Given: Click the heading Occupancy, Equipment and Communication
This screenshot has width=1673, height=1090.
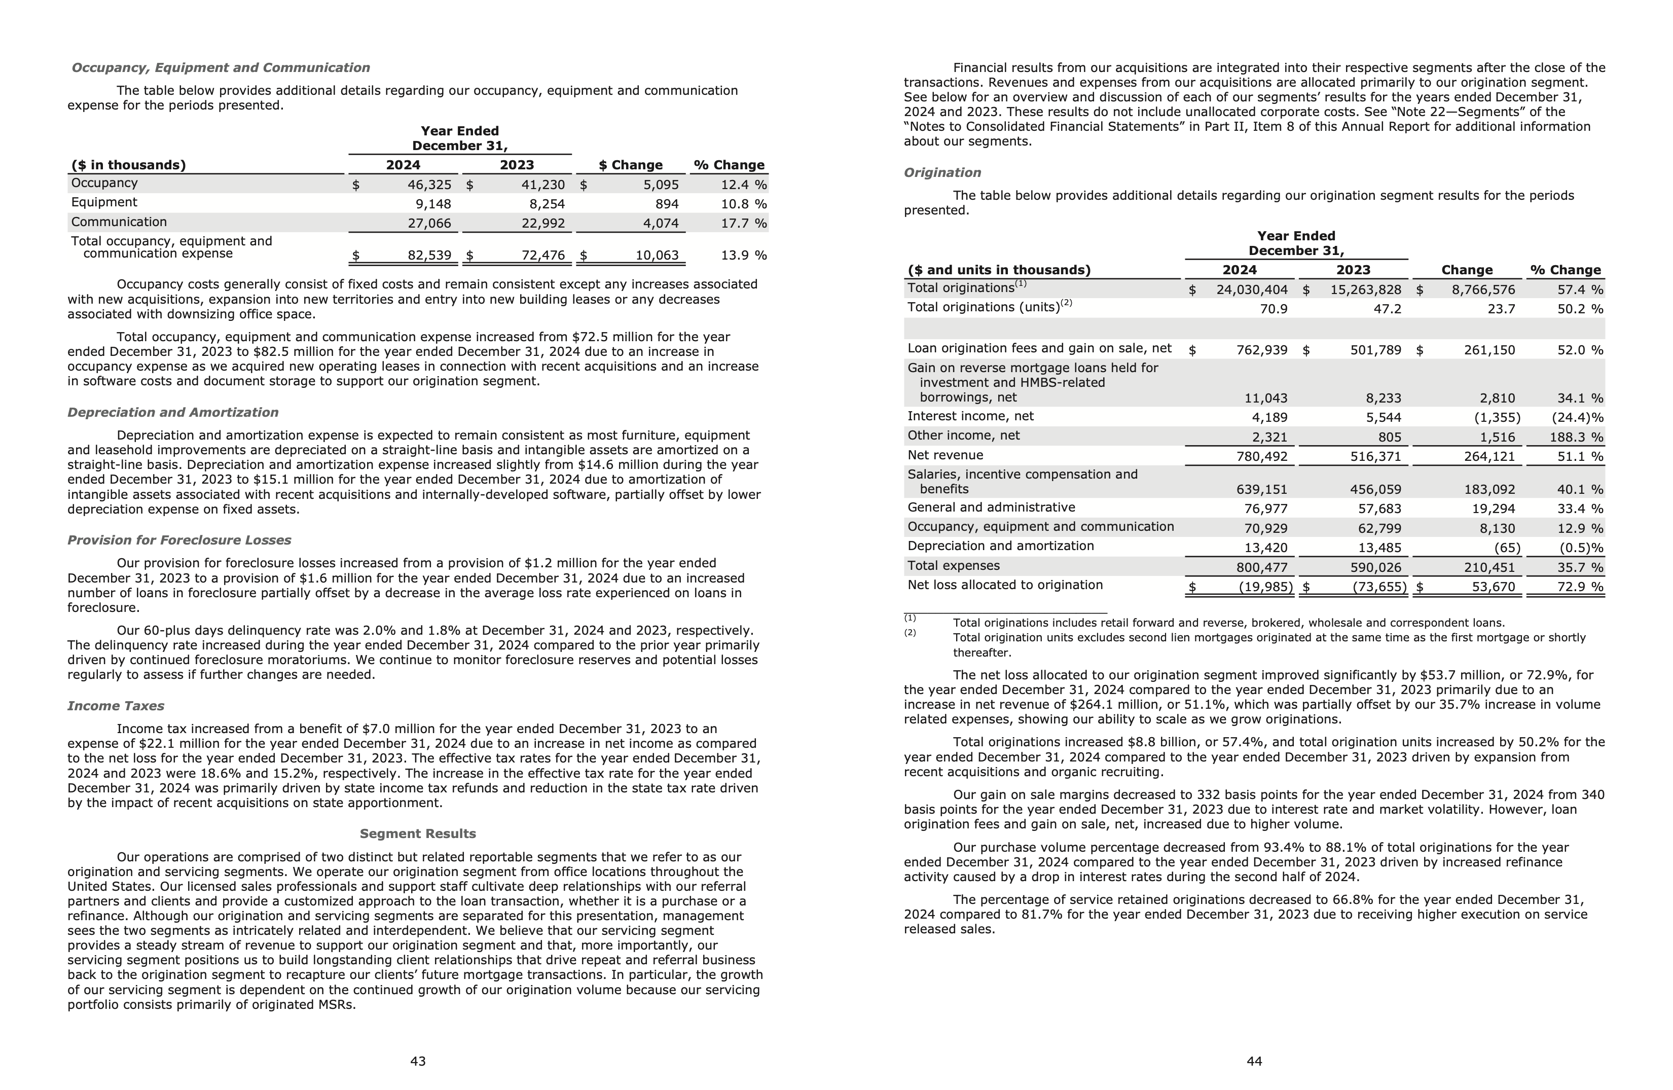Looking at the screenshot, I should (x=221, y=67).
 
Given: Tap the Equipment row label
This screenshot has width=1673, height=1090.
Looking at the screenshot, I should (x=104, y=202).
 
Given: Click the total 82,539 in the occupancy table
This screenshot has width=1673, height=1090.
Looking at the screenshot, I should (x=429, y=255).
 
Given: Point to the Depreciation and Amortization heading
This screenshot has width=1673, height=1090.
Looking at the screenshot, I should (x=173, y=413).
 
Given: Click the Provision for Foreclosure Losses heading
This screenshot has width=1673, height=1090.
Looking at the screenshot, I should (x=179, y=540).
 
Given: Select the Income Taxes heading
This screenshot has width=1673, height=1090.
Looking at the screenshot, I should (x=116, y=706).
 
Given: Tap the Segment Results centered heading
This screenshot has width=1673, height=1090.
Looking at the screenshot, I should (x=418, y=834).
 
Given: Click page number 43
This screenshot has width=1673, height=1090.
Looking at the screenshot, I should (x=418, y=1061).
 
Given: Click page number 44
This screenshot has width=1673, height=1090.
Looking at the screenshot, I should (x=1254, y=1061).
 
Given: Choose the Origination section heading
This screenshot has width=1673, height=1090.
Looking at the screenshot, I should (x=942, y=173).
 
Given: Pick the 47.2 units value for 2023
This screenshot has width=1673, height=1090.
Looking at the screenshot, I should (x=1387, y=309).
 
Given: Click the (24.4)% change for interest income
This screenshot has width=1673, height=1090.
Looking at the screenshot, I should (x=1577, y=417).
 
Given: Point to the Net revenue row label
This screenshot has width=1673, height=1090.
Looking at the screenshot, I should (x=945, y=455).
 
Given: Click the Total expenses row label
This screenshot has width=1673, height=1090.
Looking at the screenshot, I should (x=953, y=566).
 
